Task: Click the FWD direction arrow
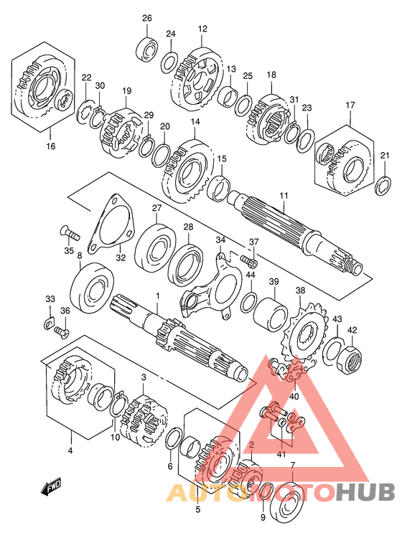click(52, 487)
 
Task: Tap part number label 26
click(147, 19)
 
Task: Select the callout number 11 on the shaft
click(284, 196)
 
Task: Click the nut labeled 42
click(350, 359)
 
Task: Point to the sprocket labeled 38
click(304, 332)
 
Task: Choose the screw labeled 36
click(61, 331)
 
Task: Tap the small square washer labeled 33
click(50, 323)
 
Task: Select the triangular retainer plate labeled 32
click(110, 223)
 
